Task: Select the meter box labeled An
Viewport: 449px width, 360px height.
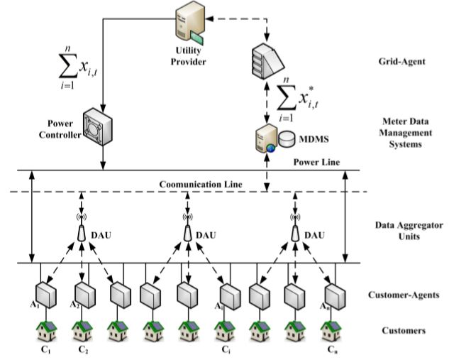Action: tap(332, 293)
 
